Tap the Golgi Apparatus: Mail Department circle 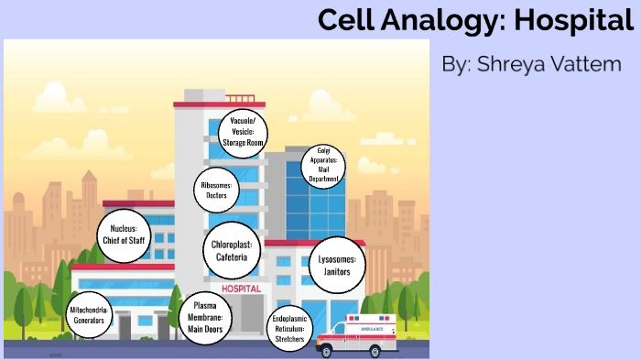pyautogui.click(x=323, y=166)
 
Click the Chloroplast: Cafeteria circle pyautogui.click(x=232, y=250)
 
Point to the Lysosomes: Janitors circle pyautogui.click(x=336, y=266)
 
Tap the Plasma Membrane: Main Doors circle pyautogui.click(x=206, y=318)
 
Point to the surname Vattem pyautogui.click(x=590, y=65)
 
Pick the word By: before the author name pyautogui.click(x=456, y=65)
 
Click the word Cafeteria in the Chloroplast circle pyautogui.click(x=232, y=257)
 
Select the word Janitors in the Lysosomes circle pyautogui.click(x=336, y=272)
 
